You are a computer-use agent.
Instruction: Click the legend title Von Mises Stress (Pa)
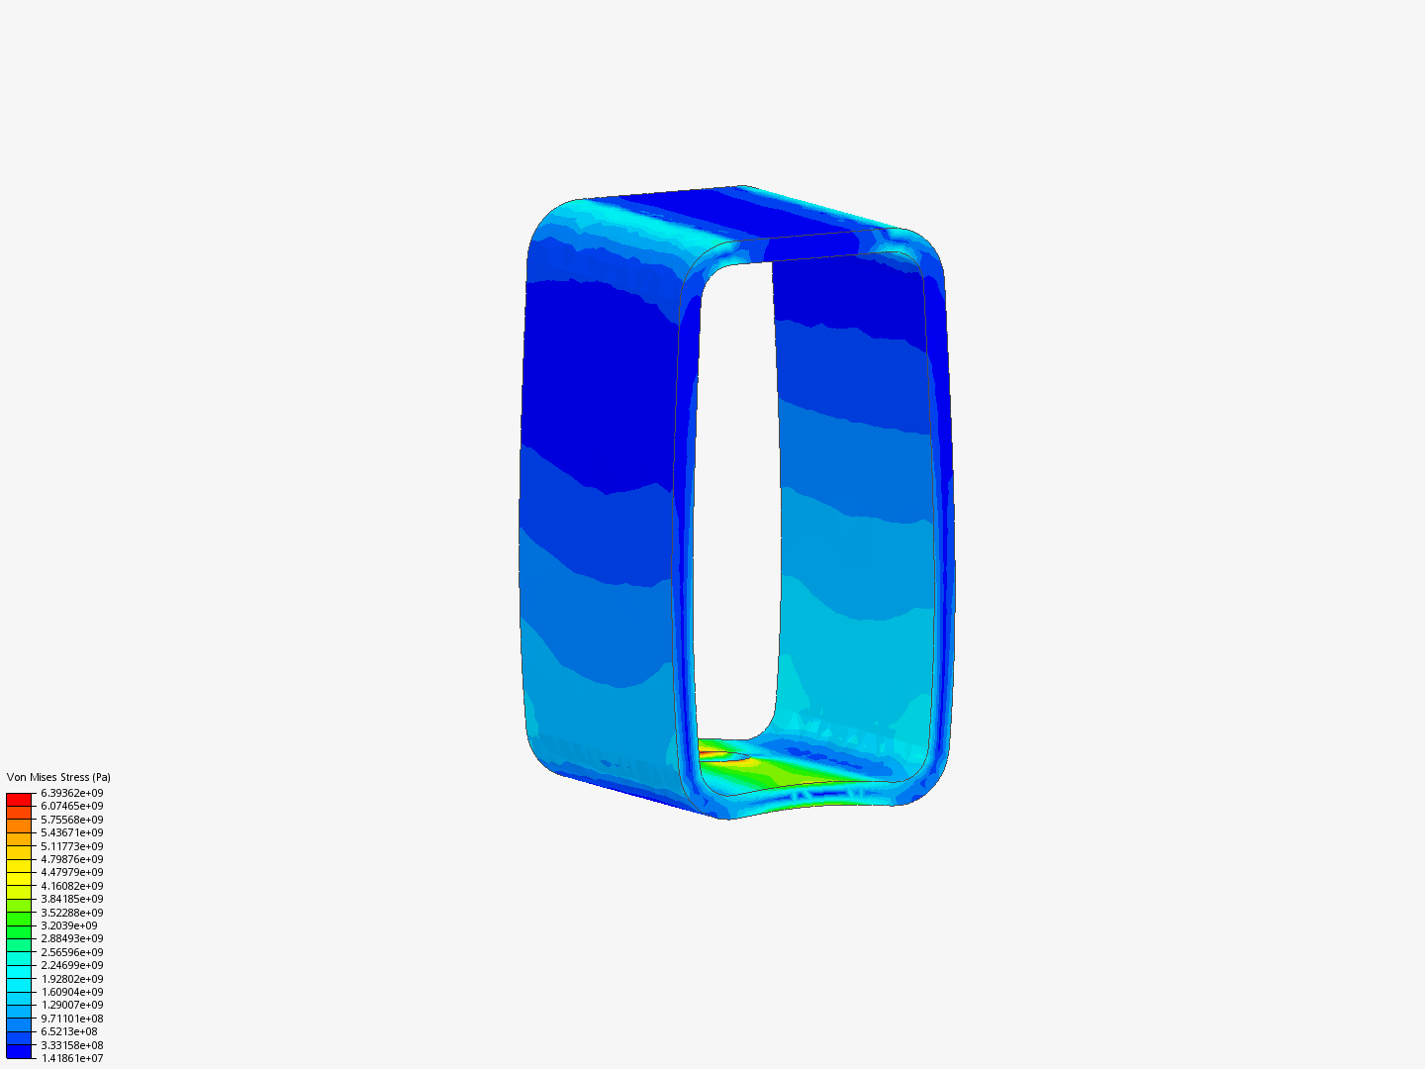click(58, 777)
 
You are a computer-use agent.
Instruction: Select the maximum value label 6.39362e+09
click(71, 793)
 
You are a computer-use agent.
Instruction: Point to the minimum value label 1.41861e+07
click(71, 1058)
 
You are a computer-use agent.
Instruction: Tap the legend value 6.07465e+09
click(71, 806)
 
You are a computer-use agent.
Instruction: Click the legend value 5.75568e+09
click(71, 820)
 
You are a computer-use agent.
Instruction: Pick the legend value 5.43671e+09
click(71, 832)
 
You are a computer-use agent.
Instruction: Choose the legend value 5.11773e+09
click(71, 846)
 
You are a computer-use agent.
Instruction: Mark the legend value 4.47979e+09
click(71, 872)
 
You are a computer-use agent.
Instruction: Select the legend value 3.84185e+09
click(71, 899)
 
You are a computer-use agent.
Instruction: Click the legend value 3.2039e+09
click(69, 925)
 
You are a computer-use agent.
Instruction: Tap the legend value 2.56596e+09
click(71, 952)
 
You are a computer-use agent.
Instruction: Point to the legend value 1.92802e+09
click(71, 979)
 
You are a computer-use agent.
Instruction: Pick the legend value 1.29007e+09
click(71, 1005)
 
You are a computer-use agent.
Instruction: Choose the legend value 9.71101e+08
click(71, 1019)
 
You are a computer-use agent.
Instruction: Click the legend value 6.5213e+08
click(69, 1031)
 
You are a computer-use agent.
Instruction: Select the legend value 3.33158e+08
click(71, 1045)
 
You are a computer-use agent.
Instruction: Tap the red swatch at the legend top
click(19, 799)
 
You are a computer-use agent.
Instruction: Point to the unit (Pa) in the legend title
click(101, 777)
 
